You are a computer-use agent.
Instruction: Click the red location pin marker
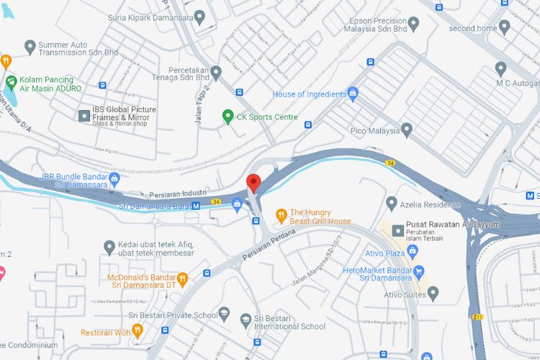coord(253,182)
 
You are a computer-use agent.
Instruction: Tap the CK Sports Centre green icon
coord(228,116)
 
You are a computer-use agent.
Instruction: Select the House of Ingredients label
coord(308,94)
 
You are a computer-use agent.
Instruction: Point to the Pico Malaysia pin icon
coord(407,130)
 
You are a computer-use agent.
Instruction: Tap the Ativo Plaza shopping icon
coord(412,252)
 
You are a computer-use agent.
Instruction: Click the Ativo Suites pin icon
coord(433,293)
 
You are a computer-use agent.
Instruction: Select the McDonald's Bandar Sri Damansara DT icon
coord(183,278)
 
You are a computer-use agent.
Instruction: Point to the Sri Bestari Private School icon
coord(224,314)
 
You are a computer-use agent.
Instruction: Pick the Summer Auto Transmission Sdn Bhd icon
coord(30,48)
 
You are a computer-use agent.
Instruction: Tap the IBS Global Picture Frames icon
coord(84,114)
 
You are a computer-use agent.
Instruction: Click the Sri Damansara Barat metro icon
coord(196,206)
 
